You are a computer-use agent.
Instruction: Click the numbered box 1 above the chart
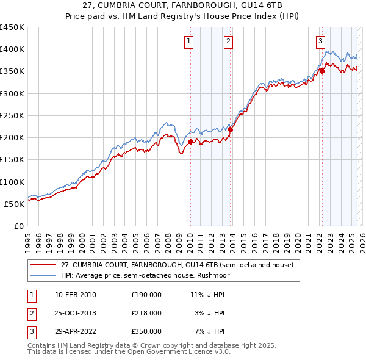click(x=189, y=41)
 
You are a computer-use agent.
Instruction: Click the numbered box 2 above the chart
click(x=228, y=41)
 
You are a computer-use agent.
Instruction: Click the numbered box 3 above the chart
click(x=320, y=41)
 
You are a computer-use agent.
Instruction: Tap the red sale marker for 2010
click(x=190, y=142)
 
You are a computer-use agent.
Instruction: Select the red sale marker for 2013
click(x=231, y=129)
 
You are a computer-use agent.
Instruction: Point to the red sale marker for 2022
click(x=322, y=71)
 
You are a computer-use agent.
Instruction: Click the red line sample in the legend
click(x=43, y=265)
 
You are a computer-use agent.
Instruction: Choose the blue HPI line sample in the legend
click(x=43, y=275)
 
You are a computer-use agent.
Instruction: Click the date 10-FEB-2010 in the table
click(x=76, y=295)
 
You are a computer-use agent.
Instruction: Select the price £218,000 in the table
click(x=146, y=313)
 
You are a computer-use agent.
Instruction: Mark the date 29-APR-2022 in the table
click(x=76, y=331)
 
